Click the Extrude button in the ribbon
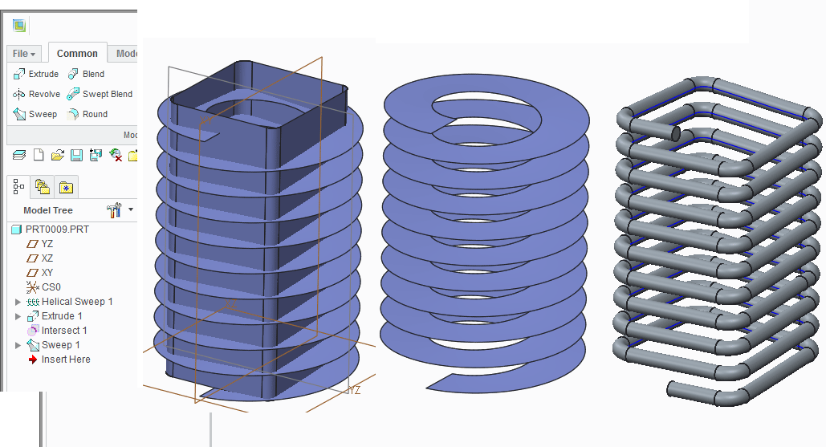[36, 74]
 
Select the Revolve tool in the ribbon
[37, 94]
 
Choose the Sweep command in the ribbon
[35, 114]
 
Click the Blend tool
[86, 74]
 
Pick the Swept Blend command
[100, 94]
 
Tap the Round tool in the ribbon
[87, 114]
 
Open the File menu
[24, 54]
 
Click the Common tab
[77, 54]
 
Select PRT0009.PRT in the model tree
[56, 230]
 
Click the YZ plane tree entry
[47, 244]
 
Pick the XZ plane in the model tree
[47, 258]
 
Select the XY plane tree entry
[47, 273]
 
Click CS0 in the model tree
[51, 287]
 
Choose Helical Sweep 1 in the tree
[76, 302]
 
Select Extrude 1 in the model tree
[61, 316]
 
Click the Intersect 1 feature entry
[63, 331]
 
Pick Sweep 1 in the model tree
[60, 345]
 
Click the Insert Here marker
[65, 360]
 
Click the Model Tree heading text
[48, 210]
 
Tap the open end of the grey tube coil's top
[675, 132]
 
